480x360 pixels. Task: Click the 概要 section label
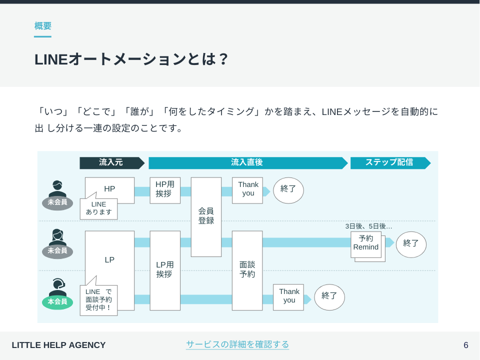[x=43, y=26]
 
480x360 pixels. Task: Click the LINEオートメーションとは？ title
[x=131, y=59]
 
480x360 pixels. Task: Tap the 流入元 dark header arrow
[x=111, y=163]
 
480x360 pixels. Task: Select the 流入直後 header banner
[x=248, y=163]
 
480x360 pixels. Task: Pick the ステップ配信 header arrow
[x=390, y=163]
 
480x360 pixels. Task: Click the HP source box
[x=109, y=188]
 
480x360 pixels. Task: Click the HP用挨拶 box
[x=165, y=190]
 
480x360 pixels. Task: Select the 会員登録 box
[x=206, y=216]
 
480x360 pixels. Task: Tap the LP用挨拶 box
[x=165, y=270]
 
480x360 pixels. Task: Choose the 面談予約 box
[x=247, y=270]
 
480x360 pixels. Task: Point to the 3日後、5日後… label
[x=368, y=226]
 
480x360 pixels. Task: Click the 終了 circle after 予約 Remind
[x=411, y=244]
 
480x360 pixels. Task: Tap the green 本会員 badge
[x=57, y=302]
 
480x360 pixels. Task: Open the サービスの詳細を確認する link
[x=237, y=344]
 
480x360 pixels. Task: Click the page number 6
[x=465, y=345]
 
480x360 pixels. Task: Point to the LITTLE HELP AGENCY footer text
[x=59, y=345]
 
